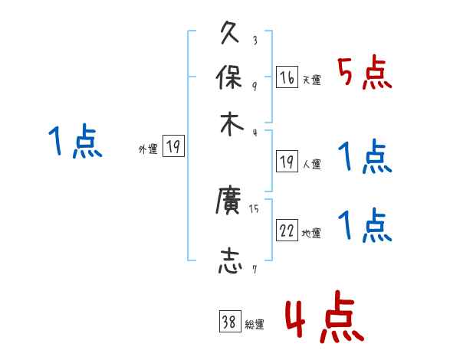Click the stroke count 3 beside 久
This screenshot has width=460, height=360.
(254, 41)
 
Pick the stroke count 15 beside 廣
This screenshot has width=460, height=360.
(255, 208)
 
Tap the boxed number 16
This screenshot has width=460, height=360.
(287, 77)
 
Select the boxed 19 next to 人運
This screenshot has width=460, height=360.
(287, 162)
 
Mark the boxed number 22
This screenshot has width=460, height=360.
(287, 231)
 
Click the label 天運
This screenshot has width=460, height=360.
(311, 80)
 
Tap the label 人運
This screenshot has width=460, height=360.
(311, 164)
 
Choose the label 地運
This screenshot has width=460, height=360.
(311, 234)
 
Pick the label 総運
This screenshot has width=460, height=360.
(255, 325)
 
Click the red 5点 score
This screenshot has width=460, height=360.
(365, 74)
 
